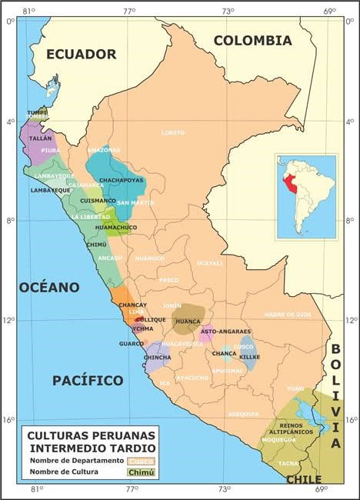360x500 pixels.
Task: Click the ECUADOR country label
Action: pyautogui.click(x=81, y=54)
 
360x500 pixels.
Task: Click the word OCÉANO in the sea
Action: pyautogui.click(x=49, y=287)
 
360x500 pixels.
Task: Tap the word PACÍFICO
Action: pyautogui.click(x=88, y=380)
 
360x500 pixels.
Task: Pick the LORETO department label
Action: pyautogui.click(x=173, y=133)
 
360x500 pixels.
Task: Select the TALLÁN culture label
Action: pyautogui.click(x=40, y=138)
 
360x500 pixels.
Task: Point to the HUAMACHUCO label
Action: pyautogui.click(x=116, y=228)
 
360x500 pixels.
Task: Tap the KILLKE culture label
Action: pyautogui.click(x=250, y=358)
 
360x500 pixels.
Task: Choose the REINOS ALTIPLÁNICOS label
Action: pyautogui.click(x=293, y=428)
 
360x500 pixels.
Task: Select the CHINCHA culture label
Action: pyautogui.click(x=158, y=358)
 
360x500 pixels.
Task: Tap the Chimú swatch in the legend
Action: pyautogui.click(x=140, y=472)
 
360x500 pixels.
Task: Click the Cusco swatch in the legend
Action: pyautogui.click(x=140, y=461)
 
